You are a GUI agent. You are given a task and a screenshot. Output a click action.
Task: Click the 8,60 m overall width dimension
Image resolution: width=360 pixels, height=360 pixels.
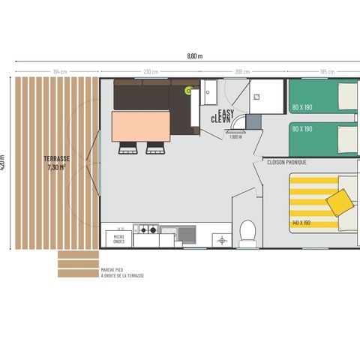(x=194, y=56)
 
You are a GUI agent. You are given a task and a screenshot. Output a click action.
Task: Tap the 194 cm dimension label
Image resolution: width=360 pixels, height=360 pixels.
(x=60, y=72)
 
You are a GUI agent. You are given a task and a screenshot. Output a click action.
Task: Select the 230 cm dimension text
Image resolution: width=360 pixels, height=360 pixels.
(x=150, y=72)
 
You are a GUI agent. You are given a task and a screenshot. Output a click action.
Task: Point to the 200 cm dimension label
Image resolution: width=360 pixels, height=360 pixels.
(x=241, y=72)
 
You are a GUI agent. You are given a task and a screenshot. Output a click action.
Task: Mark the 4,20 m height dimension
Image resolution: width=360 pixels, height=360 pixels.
(x=3, y=163)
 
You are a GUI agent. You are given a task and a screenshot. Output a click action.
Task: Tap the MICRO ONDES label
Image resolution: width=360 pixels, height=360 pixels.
(x=118, y=238)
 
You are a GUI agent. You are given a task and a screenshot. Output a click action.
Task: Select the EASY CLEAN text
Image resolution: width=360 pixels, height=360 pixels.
(x=220, y=115)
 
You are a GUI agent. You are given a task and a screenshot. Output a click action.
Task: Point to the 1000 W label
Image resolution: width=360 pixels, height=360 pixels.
(x=235, y=137)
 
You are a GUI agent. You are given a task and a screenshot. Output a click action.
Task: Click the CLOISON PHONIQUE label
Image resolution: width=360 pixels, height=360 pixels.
(x=286, y=161)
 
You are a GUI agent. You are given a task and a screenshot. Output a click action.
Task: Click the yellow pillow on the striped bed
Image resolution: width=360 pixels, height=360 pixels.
(x=340, y=200)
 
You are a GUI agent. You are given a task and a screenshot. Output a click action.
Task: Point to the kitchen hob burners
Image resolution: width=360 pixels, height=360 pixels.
(x=147, y=230)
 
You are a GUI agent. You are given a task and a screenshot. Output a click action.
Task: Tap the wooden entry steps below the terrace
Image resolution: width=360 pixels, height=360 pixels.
(x=78, y=263)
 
